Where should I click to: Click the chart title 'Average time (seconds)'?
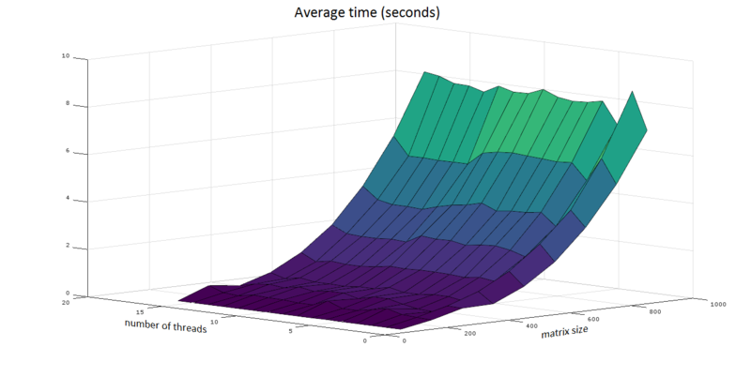click(x=367, y=12)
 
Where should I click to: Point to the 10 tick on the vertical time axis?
click(x=66, y=56)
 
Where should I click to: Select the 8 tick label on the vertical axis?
click(x=68, y=103)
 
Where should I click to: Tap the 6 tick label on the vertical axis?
click(x=68, y=151)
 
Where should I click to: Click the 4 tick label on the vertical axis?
click(x=68, y=198)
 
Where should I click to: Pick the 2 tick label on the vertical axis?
click(x=68, y=246)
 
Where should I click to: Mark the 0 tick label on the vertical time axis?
click(x=68, y=293)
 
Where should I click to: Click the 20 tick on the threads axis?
click(x=66, y=302)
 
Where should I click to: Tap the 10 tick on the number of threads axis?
click(x=214, y=322)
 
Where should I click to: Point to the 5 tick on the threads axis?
click(x=290, y=331)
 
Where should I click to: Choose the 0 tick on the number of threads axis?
click(x=365, y=340)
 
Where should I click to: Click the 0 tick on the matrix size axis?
click(x=405, y=340)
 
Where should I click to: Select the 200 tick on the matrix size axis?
click(x=470, y=334)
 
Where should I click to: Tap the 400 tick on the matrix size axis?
click(x=531, y=326)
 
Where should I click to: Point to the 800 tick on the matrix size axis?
click(x=655, y=311)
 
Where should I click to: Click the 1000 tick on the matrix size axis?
click(x=718, y=304)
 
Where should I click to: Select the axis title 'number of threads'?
click(x=166, y=325)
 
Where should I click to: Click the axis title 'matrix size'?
click(x=564, y=332)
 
